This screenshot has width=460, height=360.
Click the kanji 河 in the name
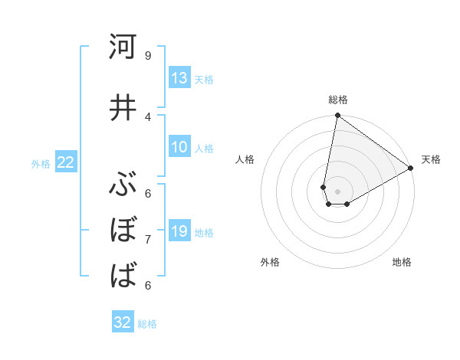click(x=123, y=47)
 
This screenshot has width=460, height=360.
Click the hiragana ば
click(x=123, y=275)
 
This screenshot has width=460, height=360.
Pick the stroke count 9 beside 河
click(x=147, y=55)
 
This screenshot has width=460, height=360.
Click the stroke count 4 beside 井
click(x=147, y=116)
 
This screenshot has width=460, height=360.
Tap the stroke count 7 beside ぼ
click(x=147, y=239)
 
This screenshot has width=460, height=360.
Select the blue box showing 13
click(x=179, y=78)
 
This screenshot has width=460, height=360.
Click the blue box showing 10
click(x=179, y=148)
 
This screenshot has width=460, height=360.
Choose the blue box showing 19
click(x=179, y=231)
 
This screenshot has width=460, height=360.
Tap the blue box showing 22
click(x=66, y=162)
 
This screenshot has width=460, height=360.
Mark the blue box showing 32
click(x=123, y=322)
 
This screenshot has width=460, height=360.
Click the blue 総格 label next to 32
click(x=147, y=324)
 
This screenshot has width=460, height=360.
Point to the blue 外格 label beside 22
click(x=41, y=163)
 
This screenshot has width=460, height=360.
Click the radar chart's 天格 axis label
click(x=431, y=159)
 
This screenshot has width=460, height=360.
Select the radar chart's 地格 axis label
click(x=402, y=262)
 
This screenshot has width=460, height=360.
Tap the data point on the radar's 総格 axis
click(x=337, y=116)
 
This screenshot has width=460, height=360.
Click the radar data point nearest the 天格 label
click(x=411, y=168)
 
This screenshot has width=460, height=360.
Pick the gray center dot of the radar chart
click(x=337, y=191)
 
